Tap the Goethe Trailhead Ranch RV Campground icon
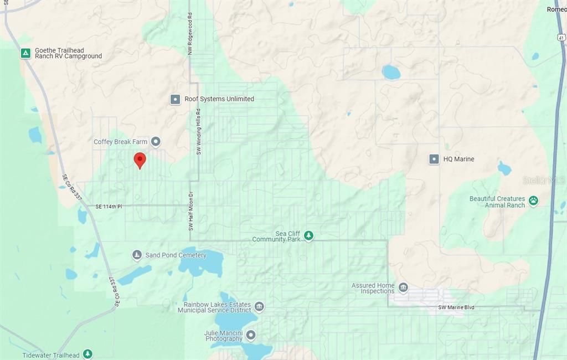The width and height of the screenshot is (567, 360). tap(25, 53)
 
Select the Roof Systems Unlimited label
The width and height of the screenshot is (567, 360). tap(219, 99)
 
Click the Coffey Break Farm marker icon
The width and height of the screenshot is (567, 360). tap(156, 142)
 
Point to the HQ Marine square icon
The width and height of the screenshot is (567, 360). tap(434, 159)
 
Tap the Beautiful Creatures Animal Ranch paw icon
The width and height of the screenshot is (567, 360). tap(533, 201)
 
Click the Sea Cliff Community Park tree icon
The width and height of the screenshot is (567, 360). tap(309, 236)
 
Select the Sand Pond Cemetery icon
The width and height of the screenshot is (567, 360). tap(137, 255)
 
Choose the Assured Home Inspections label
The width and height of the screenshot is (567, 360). tap(373, 289)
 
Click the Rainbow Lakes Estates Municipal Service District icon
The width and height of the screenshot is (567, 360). tap(259, 307)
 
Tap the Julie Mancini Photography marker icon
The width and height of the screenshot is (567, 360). tap(251, 335)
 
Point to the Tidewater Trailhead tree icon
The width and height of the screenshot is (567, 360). tap(87, 354)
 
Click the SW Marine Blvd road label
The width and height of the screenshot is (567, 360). tap(456, 307)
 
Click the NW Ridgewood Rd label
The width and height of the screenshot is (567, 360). tap(190, 33)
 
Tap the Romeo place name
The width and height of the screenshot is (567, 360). tap(556, 9)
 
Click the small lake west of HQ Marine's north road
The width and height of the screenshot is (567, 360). tap(391, 72)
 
